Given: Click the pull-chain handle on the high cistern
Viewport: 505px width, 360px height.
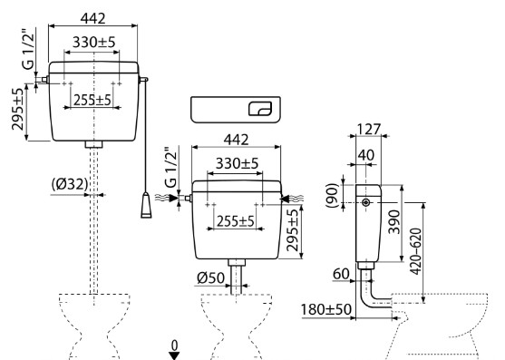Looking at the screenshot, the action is (x=146, y=205).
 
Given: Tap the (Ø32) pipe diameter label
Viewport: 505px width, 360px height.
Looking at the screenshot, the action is (x=70, y=184).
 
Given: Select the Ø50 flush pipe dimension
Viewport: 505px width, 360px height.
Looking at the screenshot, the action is (x=210, y=277).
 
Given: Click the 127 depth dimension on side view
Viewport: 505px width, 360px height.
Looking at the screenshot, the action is (x=369, y=129).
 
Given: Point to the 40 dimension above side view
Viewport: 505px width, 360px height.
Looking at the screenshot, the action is (x=366, y=155).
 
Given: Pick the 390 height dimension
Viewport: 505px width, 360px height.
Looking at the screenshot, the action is (x=393, y=222).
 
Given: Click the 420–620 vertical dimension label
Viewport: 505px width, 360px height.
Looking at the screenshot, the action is (x=416, y=251).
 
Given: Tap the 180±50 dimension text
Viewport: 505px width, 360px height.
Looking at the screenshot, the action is (x=325, y=309).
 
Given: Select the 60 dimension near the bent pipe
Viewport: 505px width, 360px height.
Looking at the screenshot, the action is (x=341, y=274).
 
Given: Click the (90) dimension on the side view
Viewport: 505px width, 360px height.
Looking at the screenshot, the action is (x=333, y=196).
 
